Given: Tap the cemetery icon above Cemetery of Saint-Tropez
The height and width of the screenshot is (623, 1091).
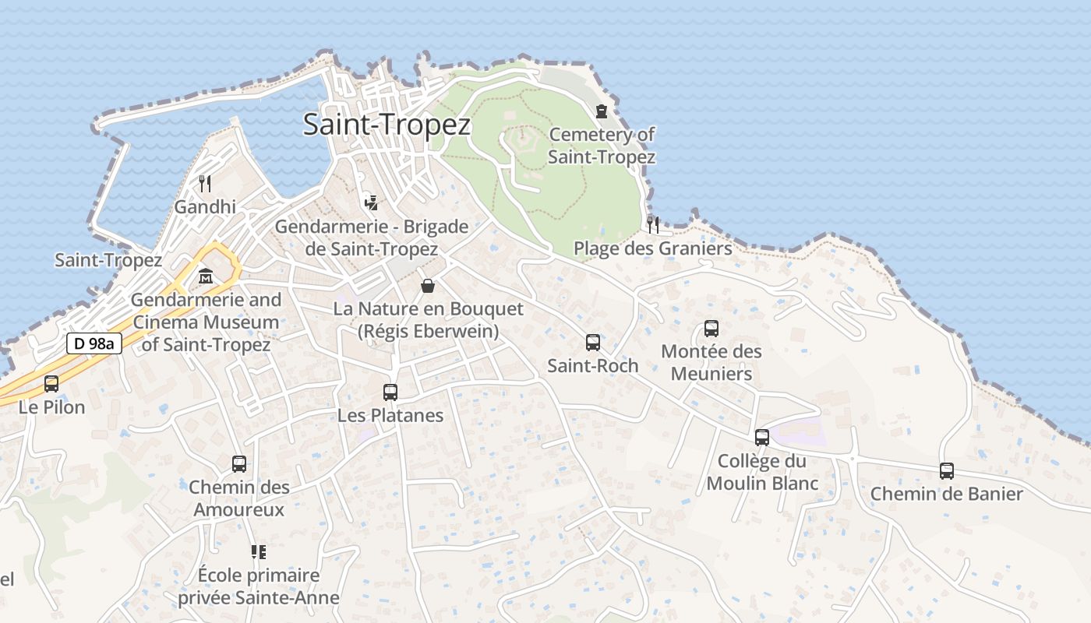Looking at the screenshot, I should [601, 111].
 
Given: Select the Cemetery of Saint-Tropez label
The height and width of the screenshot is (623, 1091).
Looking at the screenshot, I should [601, 146].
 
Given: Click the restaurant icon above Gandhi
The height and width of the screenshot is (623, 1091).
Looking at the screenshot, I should [205, 184].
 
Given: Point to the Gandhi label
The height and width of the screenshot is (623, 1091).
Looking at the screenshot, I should [205, 207].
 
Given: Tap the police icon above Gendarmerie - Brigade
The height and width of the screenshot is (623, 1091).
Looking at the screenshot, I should [372, 202].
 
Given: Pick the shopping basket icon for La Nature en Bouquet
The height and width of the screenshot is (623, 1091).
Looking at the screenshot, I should [428, 286].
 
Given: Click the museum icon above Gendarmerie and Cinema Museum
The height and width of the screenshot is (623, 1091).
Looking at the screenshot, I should [206, 276].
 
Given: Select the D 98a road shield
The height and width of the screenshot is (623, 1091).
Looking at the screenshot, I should [94, 343].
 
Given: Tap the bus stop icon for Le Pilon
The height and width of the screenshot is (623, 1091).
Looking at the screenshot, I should [51, 383].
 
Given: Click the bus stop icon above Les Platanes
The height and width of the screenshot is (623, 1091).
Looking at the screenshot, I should [390, 392].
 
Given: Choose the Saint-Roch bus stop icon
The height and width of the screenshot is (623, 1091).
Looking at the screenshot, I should [592, 343].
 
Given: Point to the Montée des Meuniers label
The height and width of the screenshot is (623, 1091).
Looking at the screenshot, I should [711, 362].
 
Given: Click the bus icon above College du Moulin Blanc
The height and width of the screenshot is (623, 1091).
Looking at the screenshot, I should [762, 438].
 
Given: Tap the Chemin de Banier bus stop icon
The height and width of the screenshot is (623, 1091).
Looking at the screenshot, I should [946, 471].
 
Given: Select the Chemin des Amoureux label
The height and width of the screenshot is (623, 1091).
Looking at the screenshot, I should [239, 498].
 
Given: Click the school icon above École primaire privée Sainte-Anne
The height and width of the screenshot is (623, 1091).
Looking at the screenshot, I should [259, 552].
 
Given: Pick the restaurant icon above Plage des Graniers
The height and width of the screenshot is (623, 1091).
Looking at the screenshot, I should [653, 224].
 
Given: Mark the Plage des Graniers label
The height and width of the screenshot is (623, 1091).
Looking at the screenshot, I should [653, 248].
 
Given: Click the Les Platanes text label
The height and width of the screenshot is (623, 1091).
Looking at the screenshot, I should [390, 416].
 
